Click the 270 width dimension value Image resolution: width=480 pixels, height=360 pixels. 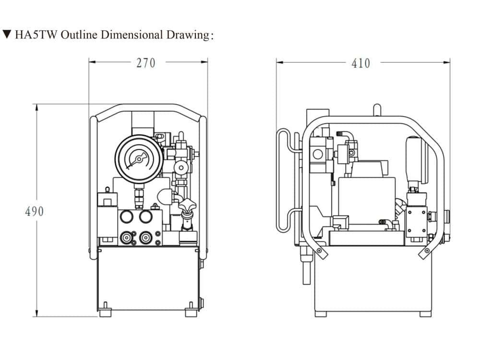pyautogui.click(x=146, y=63)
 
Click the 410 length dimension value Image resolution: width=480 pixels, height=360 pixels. pyautogui.click(x=361, y=63)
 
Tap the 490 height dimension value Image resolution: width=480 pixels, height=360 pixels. pyautogui.click(x=34, y=211)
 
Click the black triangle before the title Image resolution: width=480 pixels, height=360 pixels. pyautogui.click(x=7, y=35)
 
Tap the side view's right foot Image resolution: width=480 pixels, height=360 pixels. pyautogui.click(x=425, y=314)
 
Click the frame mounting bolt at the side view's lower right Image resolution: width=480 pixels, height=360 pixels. pyautogui.click(x=425, y=252)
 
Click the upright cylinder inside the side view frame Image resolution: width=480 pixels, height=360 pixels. pyautogui.click(x=413, y=158)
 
